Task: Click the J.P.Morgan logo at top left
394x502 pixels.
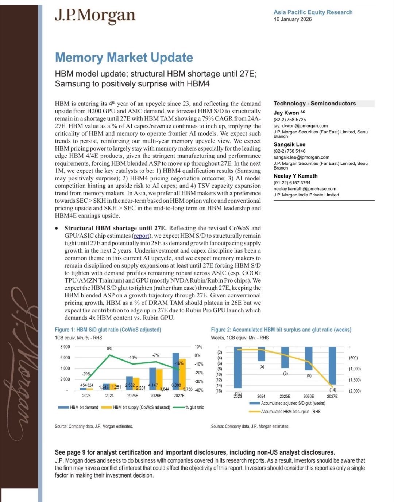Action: click(x=95, y=16)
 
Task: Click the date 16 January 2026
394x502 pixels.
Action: click(x=293, y=19)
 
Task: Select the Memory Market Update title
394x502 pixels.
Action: click(x=124, y=58)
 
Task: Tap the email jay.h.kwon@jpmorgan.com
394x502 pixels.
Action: click(x=300, y=126)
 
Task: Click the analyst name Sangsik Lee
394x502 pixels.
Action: click(x=289, y=144)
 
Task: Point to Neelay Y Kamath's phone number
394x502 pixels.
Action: click(x=292, y=183)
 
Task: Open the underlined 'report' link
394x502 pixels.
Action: click(x=141, y=236)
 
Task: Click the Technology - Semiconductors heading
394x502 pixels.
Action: click(x=314, y=104)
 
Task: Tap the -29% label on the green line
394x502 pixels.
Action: click(x=86, y=374)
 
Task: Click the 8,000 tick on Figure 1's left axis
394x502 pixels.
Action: click(x=65, y=347)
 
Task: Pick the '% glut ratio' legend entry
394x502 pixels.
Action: click(x=194, y=407)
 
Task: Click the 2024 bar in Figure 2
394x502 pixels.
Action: click(x=261, y=354)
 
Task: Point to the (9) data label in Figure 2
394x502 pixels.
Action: click(x=309, y=375)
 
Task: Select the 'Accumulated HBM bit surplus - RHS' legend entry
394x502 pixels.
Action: click(x=290, y=412)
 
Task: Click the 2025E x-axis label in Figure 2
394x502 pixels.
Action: click(x=285, y=396)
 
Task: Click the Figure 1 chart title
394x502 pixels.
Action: click(x=108, y=330)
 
